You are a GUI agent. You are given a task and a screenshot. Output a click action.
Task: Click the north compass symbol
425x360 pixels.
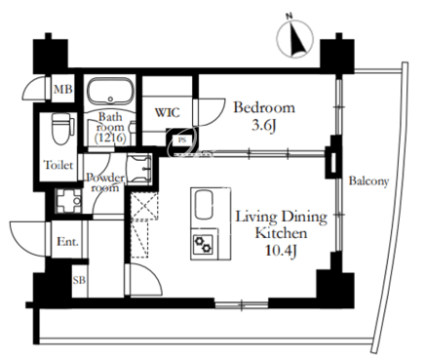click(295, 37)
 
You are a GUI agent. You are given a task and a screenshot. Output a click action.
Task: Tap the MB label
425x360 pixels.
click(63, 89)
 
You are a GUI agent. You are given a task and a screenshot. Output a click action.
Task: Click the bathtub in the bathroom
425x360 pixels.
click(111, 91)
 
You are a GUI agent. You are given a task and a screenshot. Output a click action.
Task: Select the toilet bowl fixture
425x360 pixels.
click(59, 129)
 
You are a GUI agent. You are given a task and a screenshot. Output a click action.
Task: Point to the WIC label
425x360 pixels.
click(168, 112)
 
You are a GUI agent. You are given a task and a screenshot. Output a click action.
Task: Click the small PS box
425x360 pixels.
click(181, 140)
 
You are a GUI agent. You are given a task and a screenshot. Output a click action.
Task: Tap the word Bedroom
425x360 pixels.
click(264, 107)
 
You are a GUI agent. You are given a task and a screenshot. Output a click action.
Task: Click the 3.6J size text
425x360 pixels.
click(264, 126)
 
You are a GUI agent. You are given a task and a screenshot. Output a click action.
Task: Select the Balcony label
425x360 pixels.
click(368, 180)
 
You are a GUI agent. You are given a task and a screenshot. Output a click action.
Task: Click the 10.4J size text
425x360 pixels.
click(282, 250)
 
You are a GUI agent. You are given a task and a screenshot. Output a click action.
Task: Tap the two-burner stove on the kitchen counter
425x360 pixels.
click(202, 244)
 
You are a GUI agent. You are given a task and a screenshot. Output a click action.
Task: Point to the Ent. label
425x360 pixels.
click(67, 242)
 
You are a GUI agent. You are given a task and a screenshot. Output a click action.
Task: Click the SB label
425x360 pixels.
click(79, 280)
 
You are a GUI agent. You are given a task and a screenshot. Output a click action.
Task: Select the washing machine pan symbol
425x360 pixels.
click(68, 201)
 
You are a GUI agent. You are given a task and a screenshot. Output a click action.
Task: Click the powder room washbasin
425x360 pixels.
click(139, 168)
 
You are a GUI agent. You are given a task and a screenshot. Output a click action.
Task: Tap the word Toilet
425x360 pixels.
click(58, 165)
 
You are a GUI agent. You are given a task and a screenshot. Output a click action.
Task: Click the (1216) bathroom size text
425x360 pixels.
click(110, 138)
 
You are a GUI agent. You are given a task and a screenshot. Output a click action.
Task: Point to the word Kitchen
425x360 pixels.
click(281, 233)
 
